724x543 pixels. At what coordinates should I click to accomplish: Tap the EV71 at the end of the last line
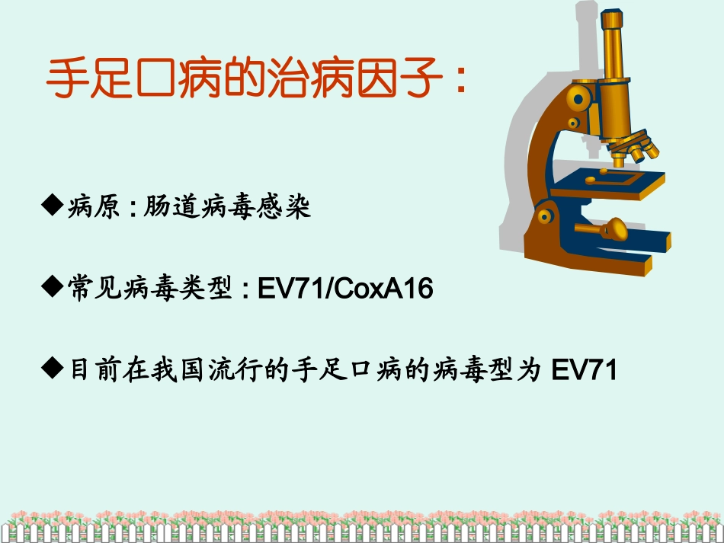point(583,371)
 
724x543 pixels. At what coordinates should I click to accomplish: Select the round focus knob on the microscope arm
point(578,97)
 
